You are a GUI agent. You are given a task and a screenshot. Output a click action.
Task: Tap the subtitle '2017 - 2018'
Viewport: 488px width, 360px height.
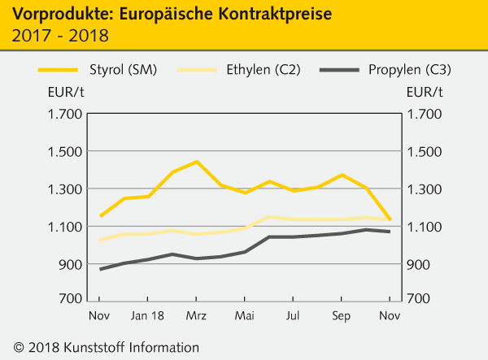(59, 36)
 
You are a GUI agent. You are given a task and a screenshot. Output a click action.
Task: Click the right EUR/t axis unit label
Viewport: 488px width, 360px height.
(425, 91)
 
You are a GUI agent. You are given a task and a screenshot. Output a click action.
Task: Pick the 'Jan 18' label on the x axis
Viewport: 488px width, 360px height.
(147, 314)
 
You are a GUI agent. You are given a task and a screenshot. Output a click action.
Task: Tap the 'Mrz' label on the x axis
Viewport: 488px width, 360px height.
(196, 314)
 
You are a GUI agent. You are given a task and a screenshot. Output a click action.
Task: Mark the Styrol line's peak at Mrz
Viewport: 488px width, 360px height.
(196, 162)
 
